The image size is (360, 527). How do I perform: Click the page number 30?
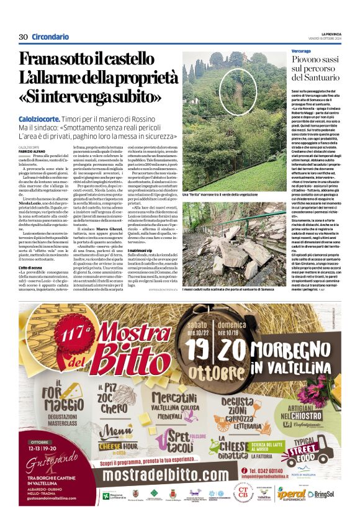pos(24,37)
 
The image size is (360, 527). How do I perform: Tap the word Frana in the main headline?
pos(40,60)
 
